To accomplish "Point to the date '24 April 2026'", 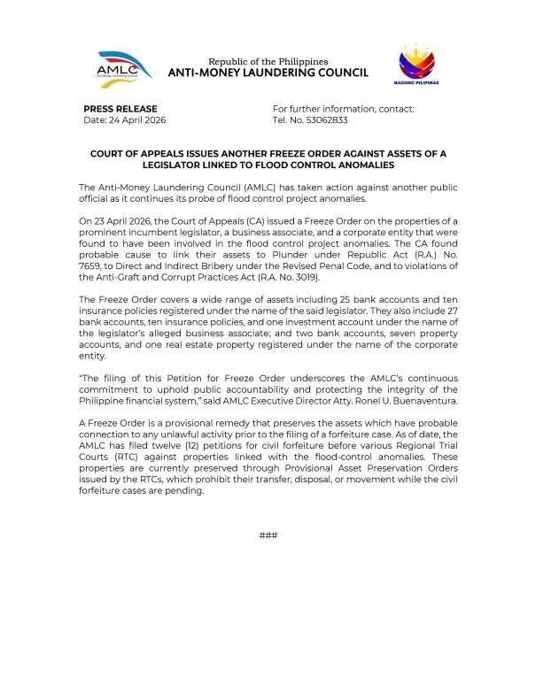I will tap(136, 119).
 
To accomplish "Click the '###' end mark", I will tap(268, 535).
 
